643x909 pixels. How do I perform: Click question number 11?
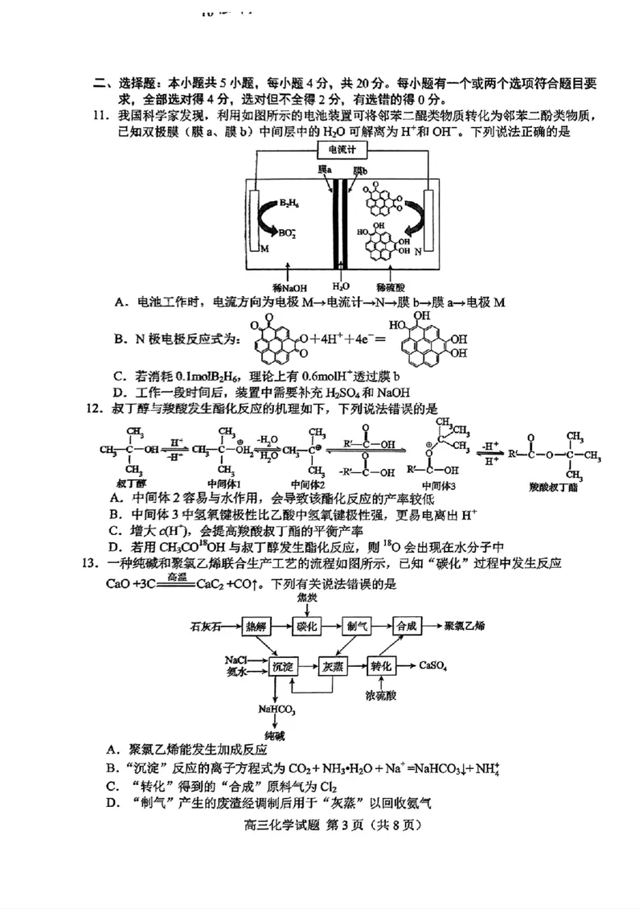[99, 116]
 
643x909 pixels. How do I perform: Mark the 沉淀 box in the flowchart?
[284, 666]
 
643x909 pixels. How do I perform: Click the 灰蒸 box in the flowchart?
[333, 666]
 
